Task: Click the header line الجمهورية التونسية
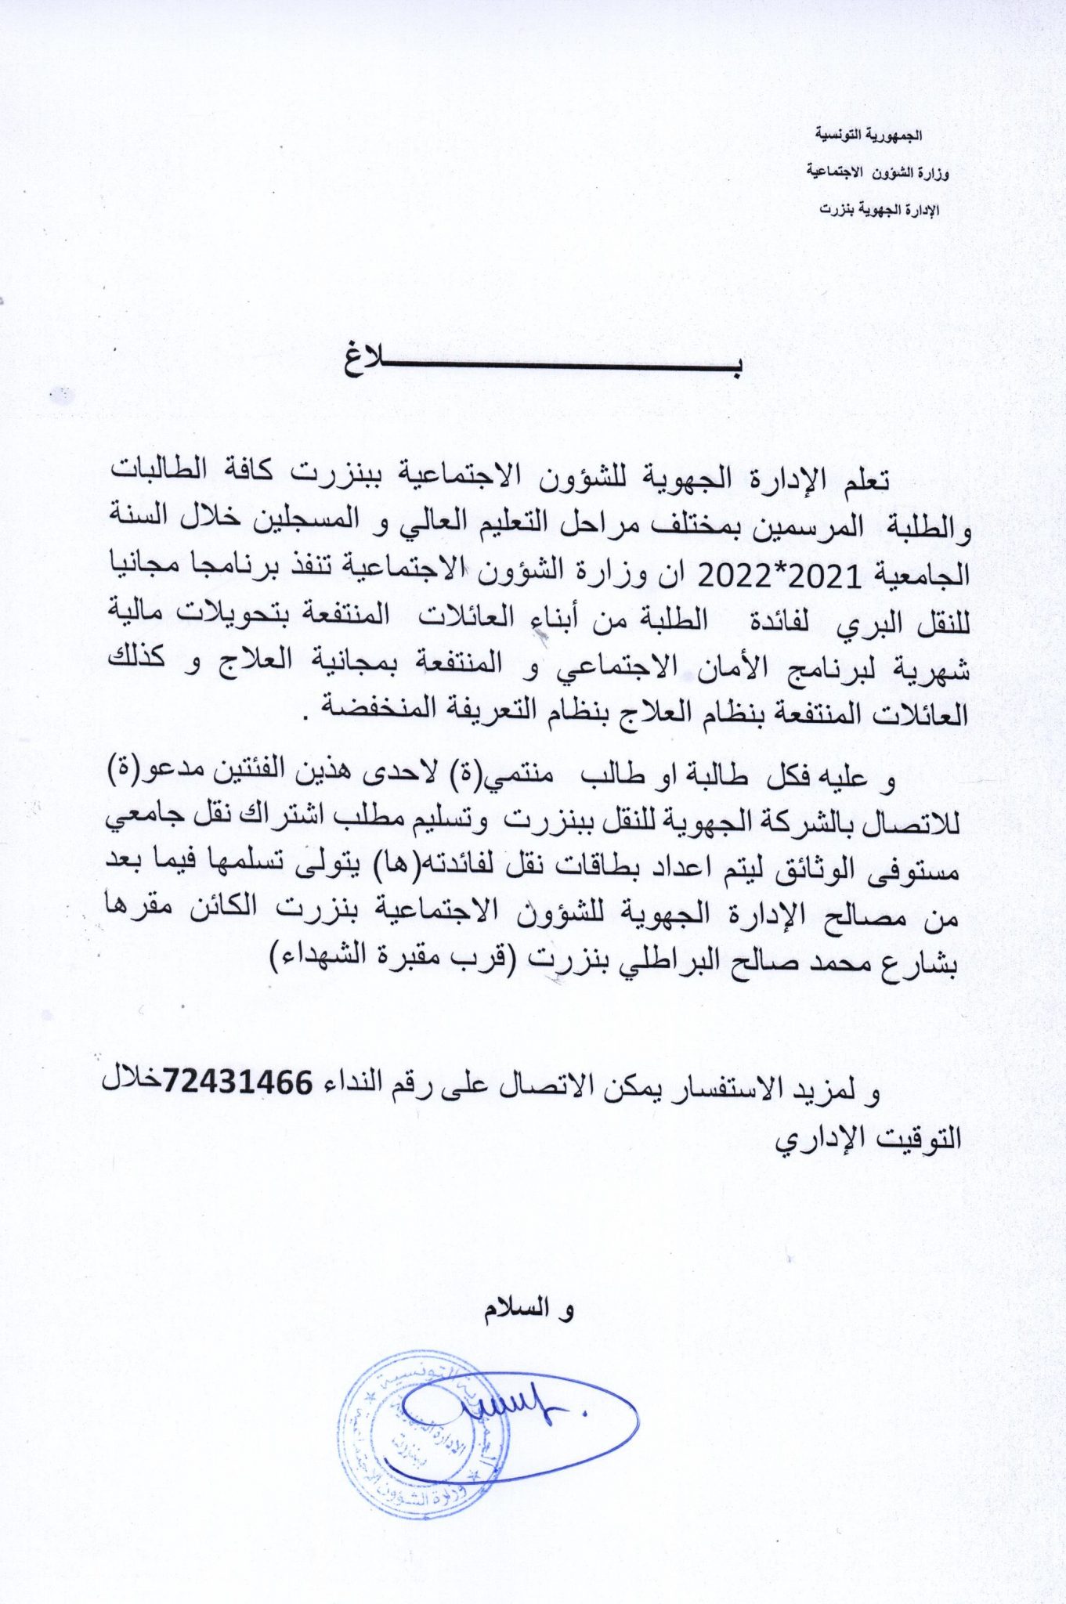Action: point(869,135)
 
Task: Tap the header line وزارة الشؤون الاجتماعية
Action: point(877,172)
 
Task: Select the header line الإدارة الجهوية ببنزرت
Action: point(879,210)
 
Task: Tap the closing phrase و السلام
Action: point(528,1309)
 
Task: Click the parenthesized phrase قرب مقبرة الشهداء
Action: point(392,957)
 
